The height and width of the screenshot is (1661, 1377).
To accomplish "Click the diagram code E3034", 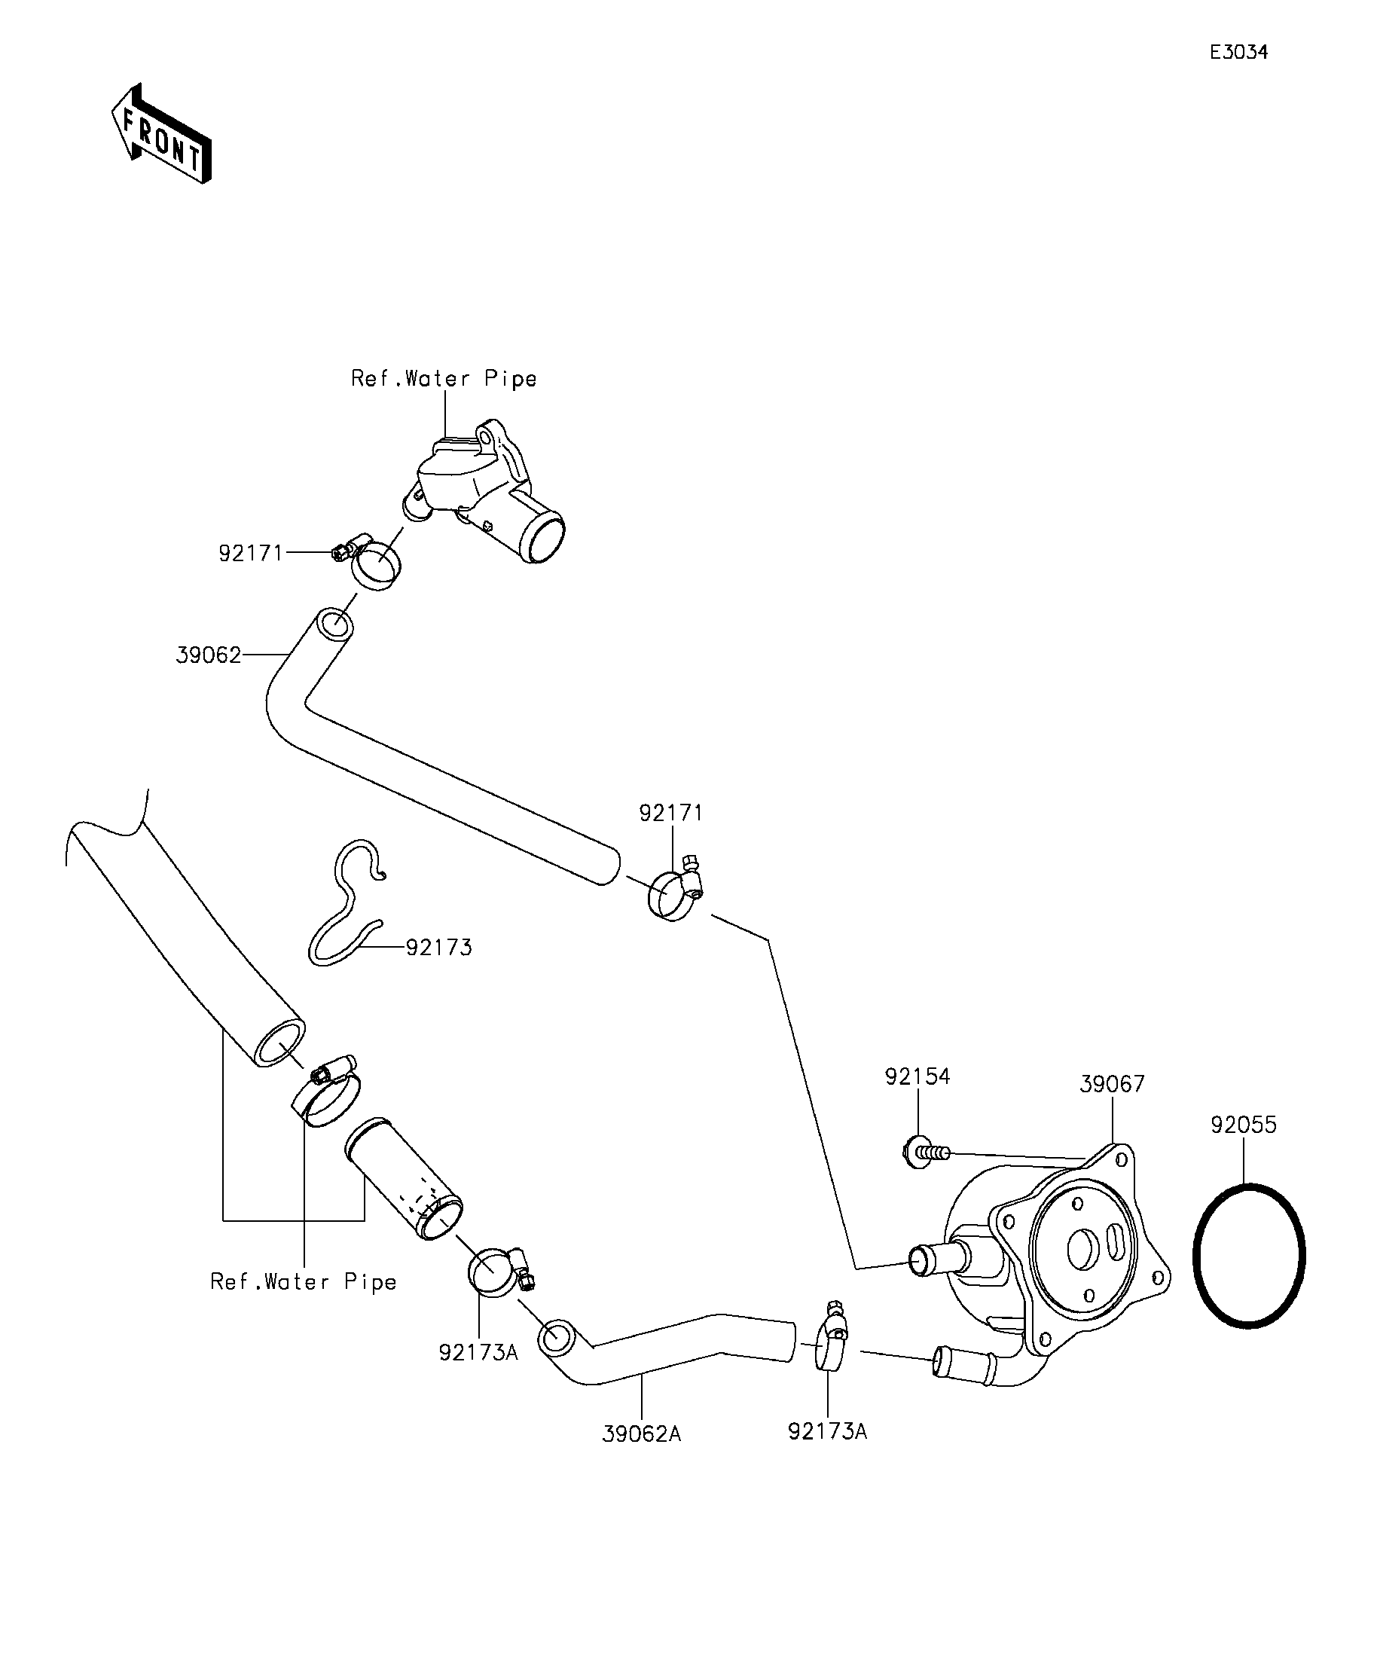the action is click(x=1238, y=52).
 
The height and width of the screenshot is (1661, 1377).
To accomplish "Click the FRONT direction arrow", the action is click(x=161, y=133).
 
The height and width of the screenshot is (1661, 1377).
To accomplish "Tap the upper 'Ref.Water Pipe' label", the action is click(x=444, y=379).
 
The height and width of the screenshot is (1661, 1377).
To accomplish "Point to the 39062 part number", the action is click(x=208, y=655).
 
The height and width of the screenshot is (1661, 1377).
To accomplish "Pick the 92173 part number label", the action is click(x=439, y=948).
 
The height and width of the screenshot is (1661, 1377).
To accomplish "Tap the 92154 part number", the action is click(x=917, y=1076).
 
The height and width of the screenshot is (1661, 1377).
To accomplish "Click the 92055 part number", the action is click(x=1244, y=1125).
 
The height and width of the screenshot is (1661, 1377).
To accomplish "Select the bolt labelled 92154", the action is click(x=924, y=1153).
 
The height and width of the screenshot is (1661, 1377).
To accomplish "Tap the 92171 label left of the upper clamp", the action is click(x=251, y=553).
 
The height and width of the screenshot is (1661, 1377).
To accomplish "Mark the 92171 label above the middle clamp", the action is click(x=670, y=812).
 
